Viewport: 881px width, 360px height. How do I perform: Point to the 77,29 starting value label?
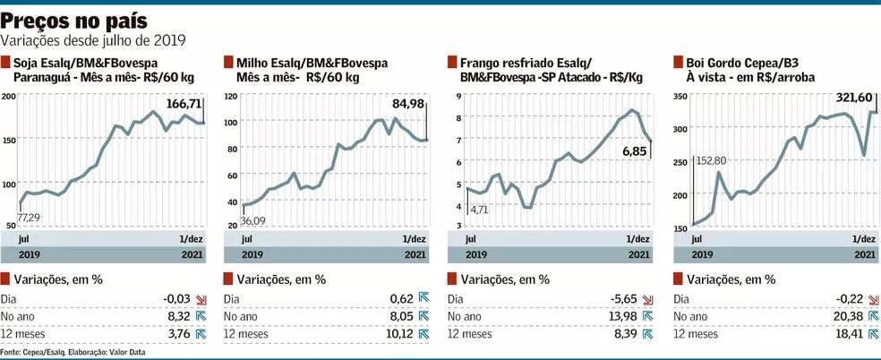[30, 218]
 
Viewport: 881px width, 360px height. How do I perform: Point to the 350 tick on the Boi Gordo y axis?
[681, 96]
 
